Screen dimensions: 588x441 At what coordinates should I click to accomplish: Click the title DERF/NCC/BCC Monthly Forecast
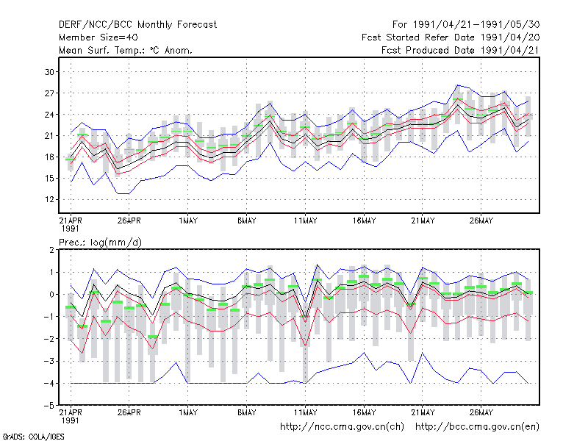coord(137,25)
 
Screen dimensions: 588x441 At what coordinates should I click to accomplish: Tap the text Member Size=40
coord(98,37)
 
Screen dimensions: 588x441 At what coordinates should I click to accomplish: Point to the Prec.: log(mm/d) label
coord(100,243)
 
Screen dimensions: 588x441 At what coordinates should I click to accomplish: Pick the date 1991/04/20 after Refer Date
coord(510,37)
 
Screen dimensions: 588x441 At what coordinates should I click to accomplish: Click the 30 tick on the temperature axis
coord(49,72)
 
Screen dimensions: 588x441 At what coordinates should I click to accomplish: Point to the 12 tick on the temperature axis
coord(49,199)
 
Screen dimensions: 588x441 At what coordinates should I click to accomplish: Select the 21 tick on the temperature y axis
coord(49,136)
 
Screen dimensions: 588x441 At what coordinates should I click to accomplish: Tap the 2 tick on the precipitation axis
coord(51,250)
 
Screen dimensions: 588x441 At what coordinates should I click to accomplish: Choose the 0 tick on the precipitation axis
coord(51,295)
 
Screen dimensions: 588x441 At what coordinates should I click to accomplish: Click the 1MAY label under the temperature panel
coord(188,221)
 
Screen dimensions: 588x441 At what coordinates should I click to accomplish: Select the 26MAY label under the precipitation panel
coord(481,412)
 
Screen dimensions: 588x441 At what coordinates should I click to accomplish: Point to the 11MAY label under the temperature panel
coord(305,221)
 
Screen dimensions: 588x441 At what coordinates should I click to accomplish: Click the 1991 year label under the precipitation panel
coord(70,420)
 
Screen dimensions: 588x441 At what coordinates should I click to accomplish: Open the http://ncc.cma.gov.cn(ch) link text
coord(342,427)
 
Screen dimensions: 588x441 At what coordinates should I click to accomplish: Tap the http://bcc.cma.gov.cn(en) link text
coord(477,427)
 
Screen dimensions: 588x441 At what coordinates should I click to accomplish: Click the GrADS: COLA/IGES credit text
coord(33,437)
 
